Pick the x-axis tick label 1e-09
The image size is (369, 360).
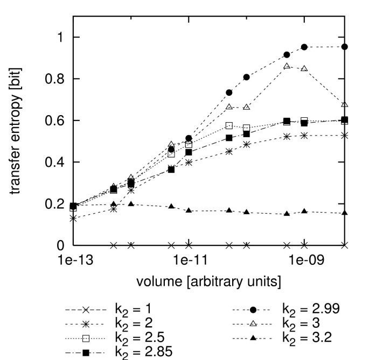pyautogui.click(x=304, y=261)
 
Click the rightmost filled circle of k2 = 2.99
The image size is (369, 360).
pyautogui.click(x=345, y=47)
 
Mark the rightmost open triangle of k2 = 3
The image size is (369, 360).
pyautogui.click(x=345, y=104)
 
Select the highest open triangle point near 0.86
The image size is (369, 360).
pyautogui.click(x=287, y=66)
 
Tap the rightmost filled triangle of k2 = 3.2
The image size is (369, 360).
pyautogui.click(x=345, y=213)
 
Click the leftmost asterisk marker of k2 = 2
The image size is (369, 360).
pyautogui.click(x=73, y=218)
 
